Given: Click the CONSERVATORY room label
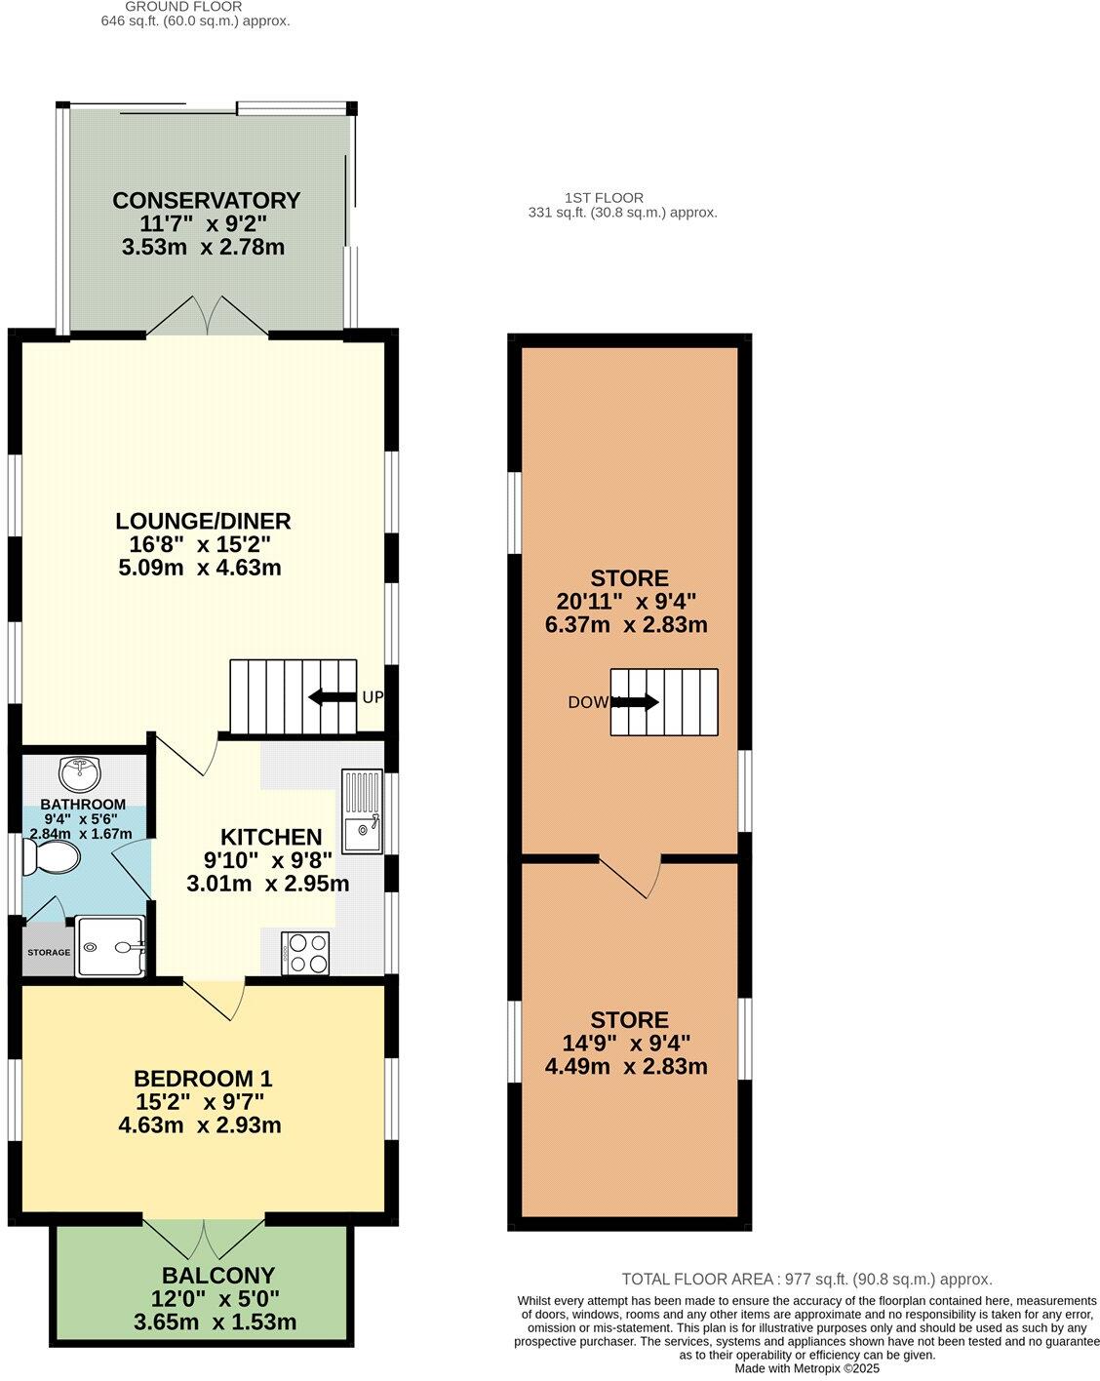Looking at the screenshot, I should pos(206,201).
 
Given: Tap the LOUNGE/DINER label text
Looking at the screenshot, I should pos(204,521).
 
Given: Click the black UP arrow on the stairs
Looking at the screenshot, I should pos(331,697).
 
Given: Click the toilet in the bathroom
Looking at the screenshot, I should pos(53,858).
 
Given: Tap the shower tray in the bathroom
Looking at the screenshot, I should pos(111,947).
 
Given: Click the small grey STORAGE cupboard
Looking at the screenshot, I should pos(48,952).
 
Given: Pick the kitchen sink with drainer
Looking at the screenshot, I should pos(362,810).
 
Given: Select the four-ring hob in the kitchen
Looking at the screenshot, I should pos(306,952).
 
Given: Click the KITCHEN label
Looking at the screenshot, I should pos(271,837).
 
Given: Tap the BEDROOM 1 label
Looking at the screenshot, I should pos(203,1079).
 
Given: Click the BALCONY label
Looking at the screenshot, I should pos(218,1276).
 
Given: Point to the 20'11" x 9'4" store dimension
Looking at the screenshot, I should pos(628,602).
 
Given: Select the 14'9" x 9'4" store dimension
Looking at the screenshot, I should pos(628,1044).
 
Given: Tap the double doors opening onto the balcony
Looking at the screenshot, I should pos(205,1239).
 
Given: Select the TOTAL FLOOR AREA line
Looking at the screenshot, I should pos(806,1280).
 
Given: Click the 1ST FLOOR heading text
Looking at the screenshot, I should pos(604,198).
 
